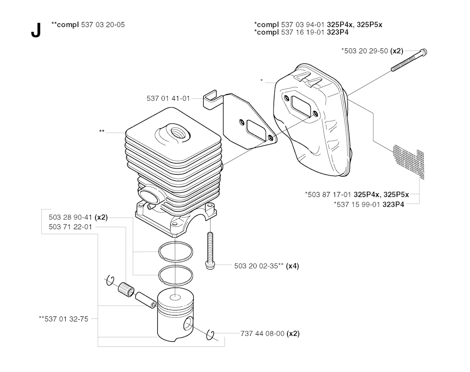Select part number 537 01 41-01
[168, 98]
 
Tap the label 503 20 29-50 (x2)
[372, 51]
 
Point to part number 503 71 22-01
[70, 227]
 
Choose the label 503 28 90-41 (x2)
[78, 217]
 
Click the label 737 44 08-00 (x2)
[270, 333]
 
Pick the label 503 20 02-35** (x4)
[267, 266]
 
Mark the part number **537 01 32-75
[63, 319]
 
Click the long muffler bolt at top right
[409, 60]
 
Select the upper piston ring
[176, 251]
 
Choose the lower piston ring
[176, 275]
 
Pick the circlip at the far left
[110, 280]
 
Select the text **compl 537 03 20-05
[88, 25]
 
